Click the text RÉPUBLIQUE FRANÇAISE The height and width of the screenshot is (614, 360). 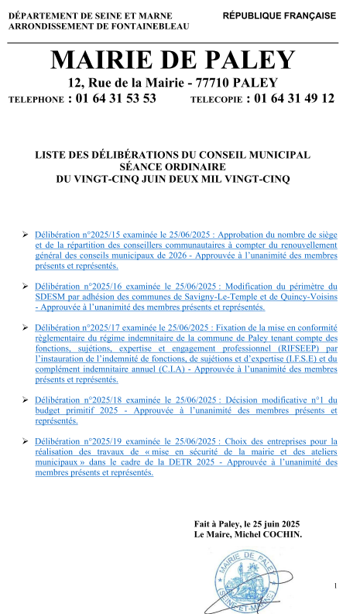[x=279, y=15]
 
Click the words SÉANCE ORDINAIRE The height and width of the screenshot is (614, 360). [x=172, y=166]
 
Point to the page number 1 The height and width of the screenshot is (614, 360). [x=335, y=585]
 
